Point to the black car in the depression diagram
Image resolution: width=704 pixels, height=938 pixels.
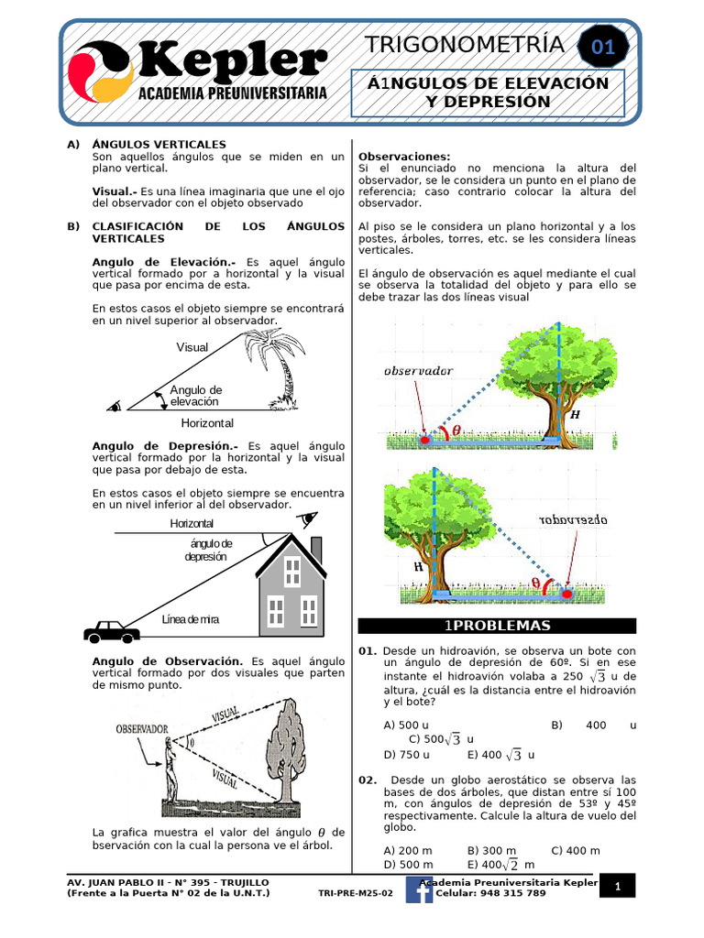(x=111, y=631)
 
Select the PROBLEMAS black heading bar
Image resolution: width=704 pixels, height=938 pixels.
(x=496, y=626)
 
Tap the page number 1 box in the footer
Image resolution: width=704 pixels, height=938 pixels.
(x=619, y=887)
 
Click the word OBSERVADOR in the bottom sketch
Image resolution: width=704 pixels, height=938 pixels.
(x=142, y=729)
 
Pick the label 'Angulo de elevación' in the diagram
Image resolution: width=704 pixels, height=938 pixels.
(x=195, y=396)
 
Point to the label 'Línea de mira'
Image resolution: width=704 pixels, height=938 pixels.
(x=190, y=620)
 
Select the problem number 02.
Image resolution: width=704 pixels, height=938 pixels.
(x=368, y=780)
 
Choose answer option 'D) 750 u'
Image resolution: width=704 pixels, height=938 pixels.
(x=407, y=755)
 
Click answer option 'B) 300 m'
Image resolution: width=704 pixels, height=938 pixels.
(x=491, y=851)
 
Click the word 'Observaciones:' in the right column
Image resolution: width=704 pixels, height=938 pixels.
(x=404, y=157)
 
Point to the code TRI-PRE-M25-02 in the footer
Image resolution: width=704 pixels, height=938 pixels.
(x=355, y=893)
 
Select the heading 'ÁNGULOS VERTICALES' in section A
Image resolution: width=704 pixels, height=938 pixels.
(x=159, y=145)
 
